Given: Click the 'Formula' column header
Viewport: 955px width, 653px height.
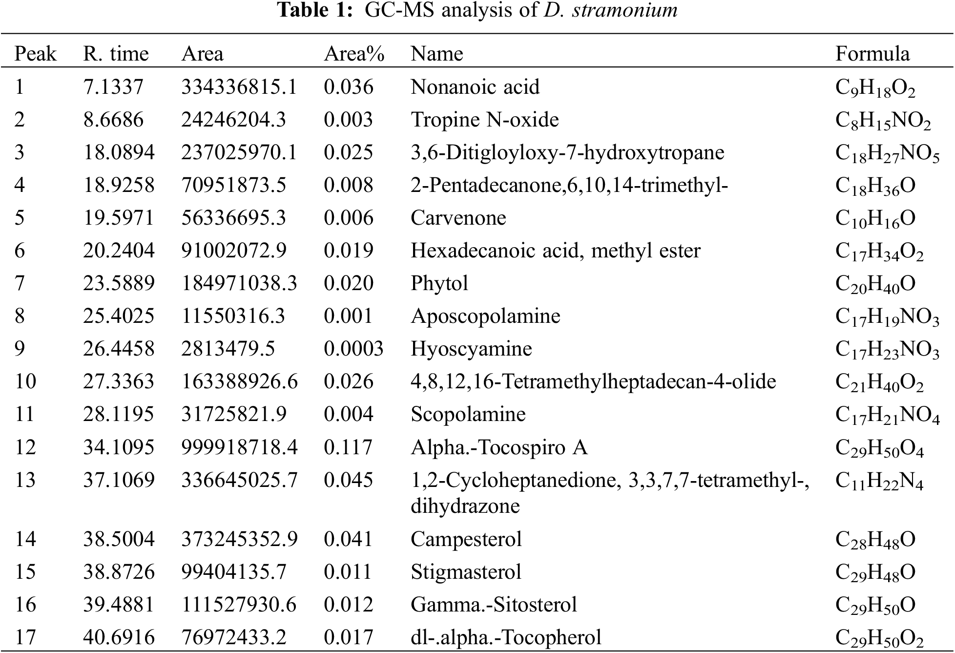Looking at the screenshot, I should coord(872,54).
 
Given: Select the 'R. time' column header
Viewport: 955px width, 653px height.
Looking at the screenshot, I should coord(116,54).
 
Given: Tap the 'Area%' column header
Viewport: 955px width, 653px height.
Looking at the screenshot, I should coord(354,54).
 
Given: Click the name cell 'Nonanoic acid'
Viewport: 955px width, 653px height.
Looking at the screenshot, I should coord(475,87).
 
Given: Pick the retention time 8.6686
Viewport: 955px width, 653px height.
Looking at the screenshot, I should coord(113,120).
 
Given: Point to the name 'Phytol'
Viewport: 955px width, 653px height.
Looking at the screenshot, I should coord(439,283).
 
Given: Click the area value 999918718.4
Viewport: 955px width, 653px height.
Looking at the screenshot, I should coord(239,447).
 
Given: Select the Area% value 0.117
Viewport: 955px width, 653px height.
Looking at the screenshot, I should coord(348,447).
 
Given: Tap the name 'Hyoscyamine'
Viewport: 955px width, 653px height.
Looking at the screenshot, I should coord(471,349).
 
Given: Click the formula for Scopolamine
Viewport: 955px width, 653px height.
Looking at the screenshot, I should coord(887,415).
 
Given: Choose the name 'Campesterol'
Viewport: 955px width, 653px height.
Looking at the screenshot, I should coord(466,539).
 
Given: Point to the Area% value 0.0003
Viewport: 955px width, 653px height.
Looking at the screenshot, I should coord(353,349).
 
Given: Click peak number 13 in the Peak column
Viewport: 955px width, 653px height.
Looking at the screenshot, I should coord(25,480).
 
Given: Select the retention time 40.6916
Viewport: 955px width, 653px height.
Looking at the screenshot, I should coord(119,637).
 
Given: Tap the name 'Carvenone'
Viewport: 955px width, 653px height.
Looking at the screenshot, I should coord(458,218).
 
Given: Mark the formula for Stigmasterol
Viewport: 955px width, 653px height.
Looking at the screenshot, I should coord(875,572).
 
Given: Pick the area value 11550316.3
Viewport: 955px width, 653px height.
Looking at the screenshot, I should coord(233,316).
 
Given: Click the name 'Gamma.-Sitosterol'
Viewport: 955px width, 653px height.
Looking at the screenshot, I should coord(494,605).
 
